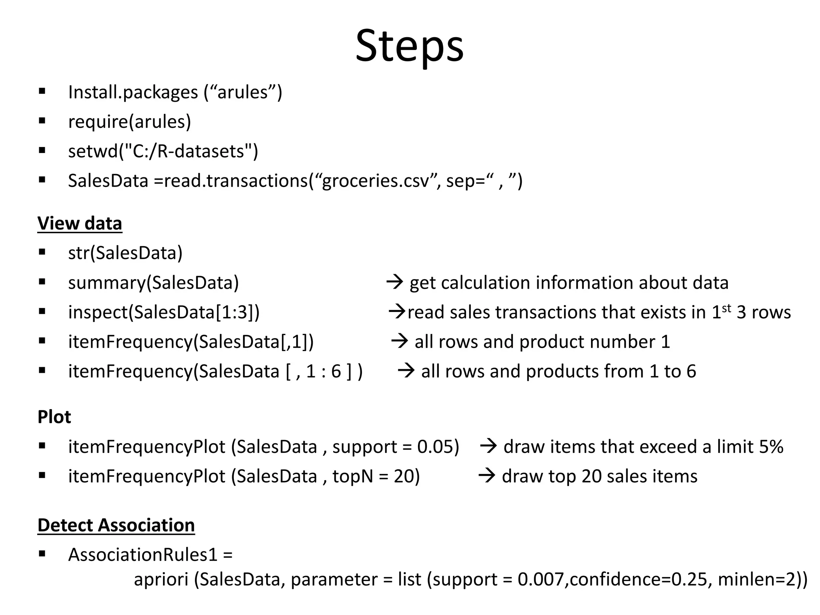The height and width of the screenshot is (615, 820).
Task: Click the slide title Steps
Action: coord(409,46)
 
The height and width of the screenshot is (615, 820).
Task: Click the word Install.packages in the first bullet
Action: coord(133,92)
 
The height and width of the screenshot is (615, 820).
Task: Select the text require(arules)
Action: coord(129,122)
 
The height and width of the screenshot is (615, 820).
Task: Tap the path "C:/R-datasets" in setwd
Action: coord(188,152)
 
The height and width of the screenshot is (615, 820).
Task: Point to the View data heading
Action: coord(80,223)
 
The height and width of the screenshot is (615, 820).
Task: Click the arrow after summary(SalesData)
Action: coord(394,283)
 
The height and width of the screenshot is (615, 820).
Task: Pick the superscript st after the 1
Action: coord(726,308)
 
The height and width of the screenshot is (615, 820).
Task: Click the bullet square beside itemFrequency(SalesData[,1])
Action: coord(42,341)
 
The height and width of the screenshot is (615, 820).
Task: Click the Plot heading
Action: coord(54,417)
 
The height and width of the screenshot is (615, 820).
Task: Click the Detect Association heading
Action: coord(116,525)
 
